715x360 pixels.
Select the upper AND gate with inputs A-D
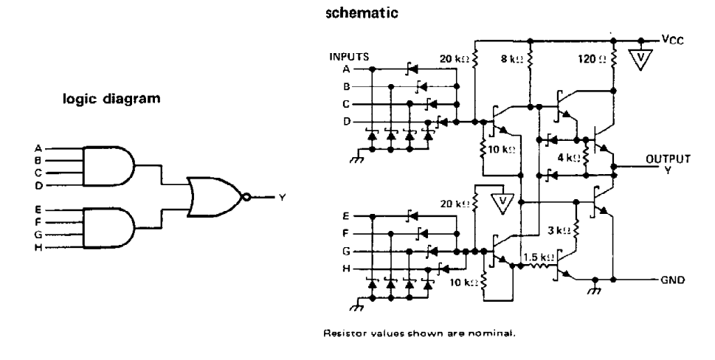tap(108, 166)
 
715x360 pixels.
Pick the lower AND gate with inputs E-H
tap(108, 228)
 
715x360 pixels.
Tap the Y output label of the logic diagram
tap(282, 197)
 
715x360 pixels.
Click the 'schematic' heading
tap(362, 13)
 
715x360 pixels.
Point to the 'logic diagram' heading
tap(111, 98)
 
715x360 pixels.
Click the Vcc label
tap(673, 40)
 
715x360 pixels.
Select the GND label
tap(673, 280)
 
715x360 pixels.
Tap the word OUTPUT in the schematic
tap(668, 159)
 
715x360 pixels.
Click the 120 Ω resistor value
tap(593, 59)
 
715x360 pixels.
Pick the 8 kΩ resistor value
tap(511, 59)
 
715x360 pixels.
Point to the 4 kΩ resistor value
tap(569, 158)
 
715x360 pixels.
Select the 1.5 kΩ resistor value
tap(539, 257)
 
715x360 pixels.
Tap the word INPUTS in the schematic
tap(349, 57)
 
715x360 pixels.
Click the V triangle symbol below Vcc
tap(640, 59)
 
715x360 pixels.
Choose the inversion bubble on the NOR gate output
tap(246, 197)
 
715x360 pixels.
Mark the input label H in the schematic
tap(347, 269)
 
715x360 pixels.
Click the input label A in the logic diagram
tap(38, 148)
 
